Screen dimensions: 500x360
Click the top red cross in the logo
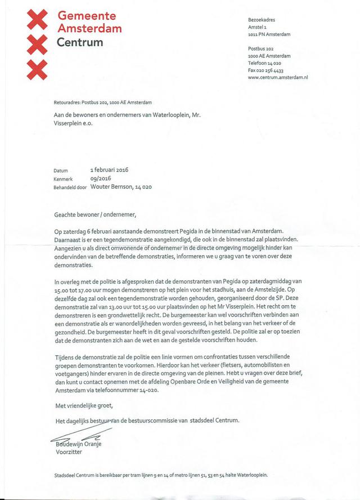click(x=38, y=20)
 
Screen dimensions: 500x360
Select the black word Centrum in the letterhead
click(x=80, y=42)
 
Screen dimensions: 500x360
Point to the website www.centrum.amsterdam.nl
click(x=277, y=77)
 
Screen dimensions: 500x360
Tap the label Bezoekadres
click(x=262, y=20)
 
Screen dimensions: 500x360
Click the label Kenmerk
click(x=64, y=178)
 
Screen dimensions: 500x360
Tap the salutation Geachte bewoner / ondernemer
click(x=95, y=214)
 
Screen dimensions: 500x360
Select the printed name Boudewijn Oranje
click(x=79, y=443)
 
